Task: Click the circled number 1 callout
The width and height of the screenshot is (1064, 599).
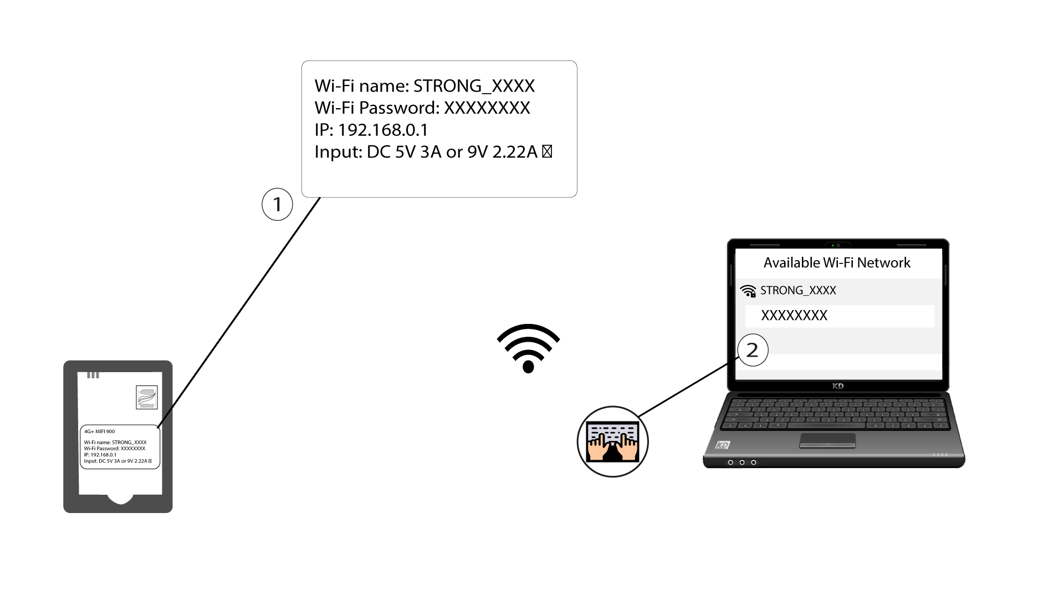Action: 277,205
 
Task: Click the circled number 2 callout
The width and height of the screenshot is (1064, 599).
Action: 753,350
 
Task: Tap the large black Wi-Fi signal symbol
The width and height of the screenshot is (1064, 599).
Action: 528,348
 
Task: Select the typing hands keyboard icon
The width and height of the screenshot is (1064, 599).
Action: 612,441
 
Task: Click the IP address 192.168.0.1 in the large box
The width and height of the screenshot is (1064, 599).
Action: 383,130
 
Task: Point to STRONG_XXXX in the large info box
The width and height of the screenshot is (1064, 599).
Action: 474,86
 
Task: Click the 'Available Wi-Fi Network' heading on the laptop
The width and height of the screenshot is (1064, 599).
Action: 837,263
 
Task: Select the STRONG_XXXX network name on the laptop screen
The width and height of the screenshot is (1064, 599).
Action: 798,291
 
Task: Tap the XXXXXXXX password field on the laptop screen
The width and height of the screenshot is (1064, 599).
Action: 840,316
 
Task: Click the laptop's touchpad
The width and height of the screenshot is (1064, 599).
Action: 827,441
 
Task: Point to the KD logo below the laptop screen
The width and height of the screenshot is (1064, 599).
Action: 838,386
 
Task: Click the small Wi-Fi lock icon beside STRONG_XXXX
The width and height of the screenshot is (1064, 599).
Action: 748,291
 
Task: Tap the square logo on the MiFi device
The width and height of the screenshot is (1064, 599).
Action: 147,397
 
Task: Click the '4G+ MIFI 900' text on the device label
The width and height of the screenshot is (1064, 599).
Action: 100,432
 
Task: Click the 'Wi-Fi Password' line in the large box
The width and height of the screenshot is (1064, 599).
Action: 422,108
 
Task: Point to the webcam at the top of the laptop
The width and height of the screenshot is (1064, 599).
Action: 838,245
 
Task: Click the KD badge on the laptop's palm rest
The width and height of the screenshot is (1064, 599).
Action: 722,445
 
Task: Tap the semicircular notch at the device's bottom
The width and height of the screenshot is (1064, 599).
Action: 120,498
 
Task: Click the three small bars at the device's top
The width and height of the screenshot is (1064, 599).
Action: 93,375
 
